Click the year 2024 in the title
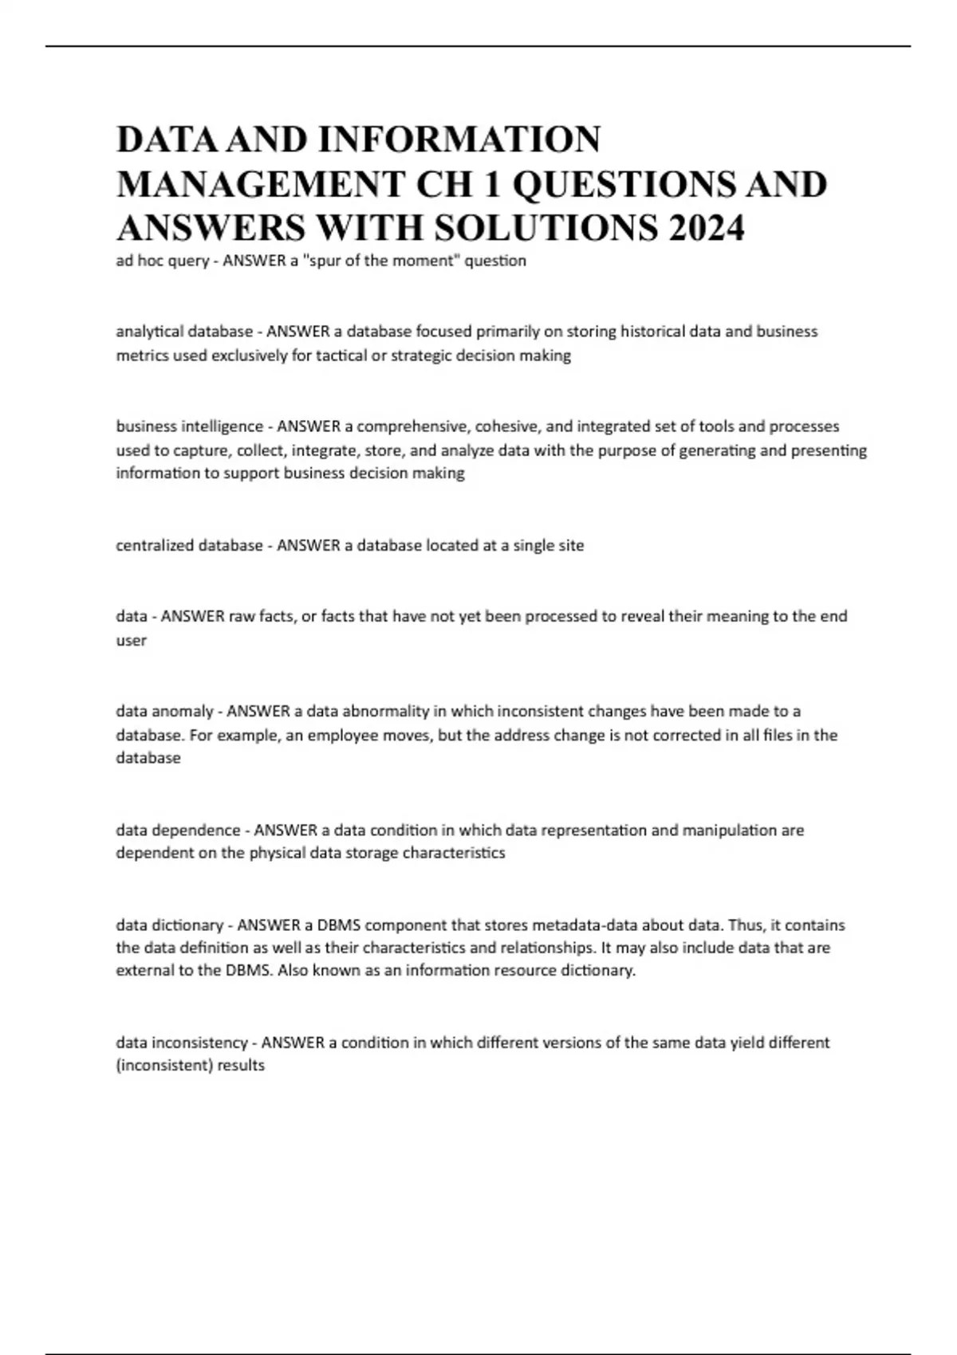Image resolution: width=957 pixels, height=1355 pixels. point(707,229)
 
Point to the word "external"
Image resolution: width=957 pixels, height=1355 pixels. point(144,971)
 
